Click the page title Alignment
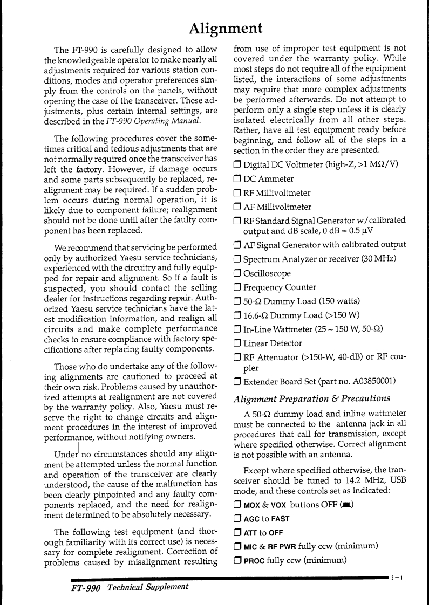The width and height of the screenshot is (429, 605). point(226,27)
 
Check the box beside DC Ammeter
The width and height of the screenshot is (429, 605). point(237,179)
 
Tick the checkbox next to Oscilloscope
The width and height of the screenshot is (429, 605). point(237,273)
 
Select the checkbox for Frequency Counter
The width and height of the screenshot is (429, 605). point(237,287)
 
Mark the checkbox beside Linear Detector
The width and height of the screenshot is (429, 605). point(237,343)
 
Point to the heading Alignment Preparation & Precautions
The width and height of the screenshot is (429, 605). point(311,398)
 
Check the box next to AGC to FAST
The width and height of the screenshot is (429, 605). point(237,519)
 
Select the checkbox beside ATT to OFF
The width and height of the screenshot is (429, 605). point(237,533)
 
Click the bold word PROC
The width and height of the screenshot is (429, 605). point(254,561)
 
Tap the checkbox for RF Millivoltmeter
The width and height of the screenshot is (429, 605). point(237,193)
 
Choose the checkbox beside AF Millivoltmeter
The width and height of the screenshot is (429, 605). point(237,207)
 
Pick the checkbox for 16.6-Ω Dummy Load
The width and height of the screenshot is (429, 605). point(237,315)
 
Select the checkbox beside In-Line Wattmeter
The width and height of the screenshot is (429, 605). point(237,329)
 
